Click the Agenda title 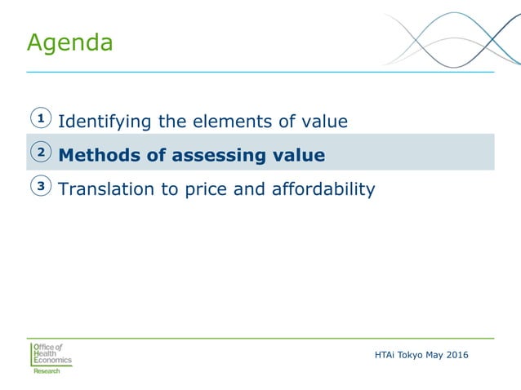69,42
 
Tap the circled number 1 40,119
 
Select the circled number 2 40,153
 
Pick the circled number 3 40,187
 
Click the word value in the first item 323,122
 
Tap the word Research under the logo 47,371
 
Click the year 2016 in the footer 459,353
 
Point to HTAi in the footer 385,353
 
